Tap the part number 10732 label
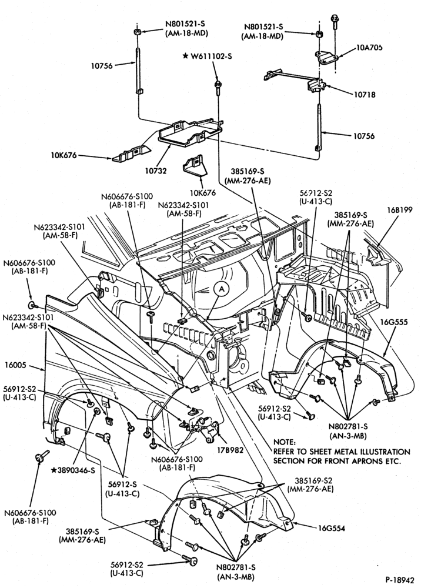click(156, 171)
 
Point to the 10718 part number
click(365, 95)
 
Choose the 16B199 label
click(400, 210)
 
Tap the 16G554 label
click(332, 529)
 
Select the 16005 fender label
click(16, 365)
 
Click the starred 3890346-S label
click(73, 470)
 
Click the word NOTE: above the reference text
click(284, 442)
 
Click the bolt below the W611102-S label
click(217, 86)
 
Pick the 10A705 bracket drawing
click(325, 58)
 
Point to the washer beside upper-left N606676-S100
click(32, 305)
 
